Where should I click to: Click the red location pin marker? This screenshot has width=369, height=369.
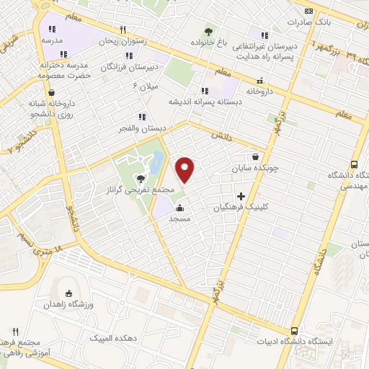pyautogui.click(x=185, y=169)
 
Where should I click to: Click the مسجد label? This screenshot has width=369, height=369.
pyautogui.click(x=178, y=218)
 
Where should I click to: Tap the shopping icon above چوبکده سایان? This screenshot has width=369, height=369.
pyautogui.click(x=257, y=156)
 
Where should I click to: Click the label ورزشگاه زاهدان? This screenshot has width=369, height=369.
pyautogui.click(x=68, y=305)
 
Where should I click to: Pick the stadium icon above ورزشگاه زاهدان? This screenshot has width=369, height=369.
pyautogui.click(x=68, y=293)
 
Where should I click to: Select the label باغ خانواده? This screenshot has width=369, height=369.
pyautogui.click(x=209, y=43)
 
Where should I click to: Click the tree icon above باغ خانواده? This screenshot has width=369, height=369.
pyautogui.click(x=209, y=31)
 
